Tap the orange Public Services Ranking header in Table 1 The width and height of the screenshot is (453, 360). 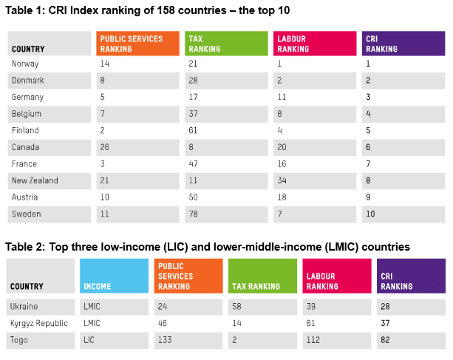tap(138, 44)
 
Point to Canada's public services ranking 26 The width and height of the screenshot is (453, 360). tap(104, 147)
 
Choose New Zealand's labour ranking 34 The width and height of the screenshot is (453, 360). tap(282, 180)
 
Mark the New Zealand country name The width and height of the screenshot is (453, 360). tap(35, 180)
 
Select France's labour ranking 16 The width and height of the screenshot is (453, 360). tap(282, 163)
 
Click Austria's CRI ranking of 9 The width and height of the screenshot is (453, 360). tap(368, 197)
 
